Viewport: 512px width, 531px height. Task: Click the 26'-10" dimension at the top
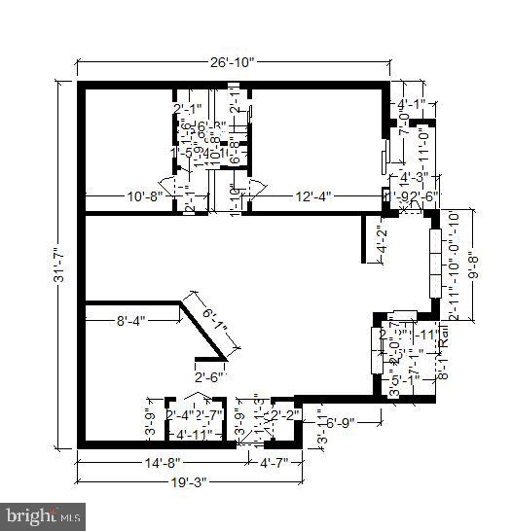[231, 62]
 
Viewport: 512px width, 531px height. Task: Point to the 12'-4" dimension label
[313, 196]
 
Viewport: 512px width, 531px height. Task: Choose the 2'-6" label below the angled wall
[208, 377]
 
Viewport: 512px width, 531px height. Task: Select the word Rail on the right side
[443, 337]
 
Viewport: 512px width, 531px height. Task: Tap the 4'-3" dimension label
[415, 177]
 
